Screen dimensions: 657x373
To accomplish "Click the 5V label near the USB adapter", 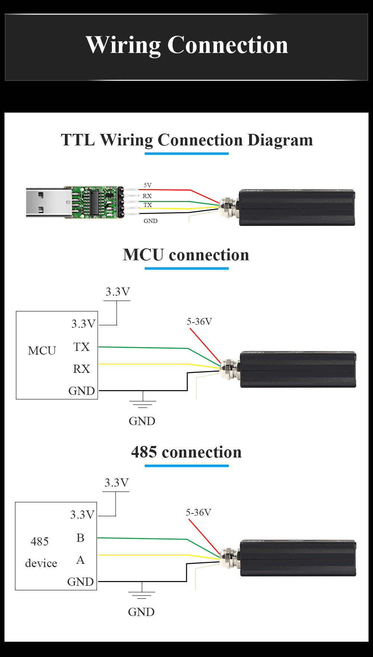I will click(148, 185).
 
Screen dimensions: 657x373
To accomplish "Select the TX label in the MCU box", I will click(81, 347).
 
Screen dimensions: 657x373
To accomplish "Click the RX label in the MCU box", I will click(81, 369).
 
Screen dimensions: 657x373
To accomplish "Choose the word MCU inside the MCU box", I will click(42, 350).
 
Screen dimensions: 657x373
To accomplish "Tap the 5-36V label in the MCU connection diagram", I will click(199, 321).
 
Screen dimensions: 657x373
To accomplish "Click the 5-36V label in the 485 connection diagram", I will click(198, 512).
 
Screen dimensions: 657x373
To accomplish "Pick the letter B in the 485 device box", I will click(80, 538).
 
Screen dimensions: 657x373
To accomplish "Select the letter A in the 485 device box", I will click(80, 560).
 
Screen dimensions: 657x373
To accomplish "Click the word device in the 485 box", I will click(41, 563).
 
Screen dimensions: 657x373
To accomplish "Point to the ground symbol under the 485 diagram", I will click(142, 594).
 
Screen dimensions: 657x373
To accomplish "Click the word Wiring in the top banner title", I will click(123, 45).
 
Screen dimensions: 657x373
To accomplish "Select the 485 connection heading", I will click(186, 452).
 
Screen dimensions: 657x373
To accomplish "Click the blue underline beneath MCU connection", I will click(186, 268).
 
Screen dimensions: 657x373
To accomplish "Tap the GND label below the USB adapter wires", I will click(150, 221).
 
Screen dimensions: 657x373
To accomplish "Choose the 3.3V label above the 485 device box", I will click(116, 482).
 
